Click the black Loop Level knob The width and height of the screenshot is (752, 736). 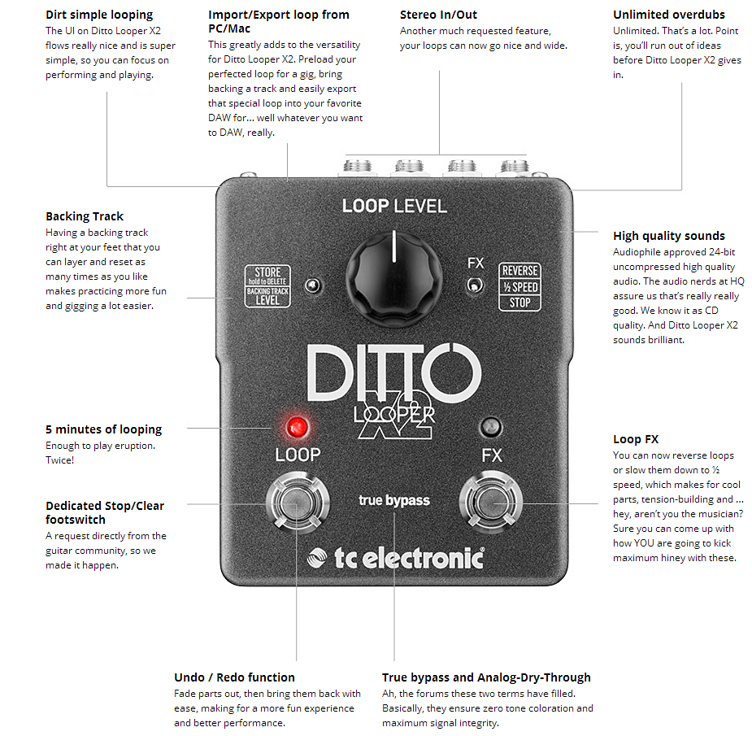coord(393,276)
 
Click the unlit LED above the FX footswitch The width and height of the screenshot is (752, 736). coord(490,426)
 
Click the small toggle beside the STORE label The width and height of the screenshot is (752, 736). coord(310,285)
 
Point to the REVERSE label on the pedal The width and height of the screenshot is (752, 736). coord(519,271)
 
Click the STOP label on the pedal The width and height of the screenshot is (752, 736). coord(519,303)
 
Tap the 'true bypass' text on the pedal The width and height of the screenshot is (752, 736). coord(393,500)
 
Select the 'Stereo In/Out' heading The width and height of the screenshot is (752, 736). coord(438,15)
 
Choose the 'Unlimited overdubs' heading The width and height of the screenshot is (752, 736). coord(668,15)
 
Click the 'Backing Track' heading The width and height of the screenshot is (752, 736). coord(85,216)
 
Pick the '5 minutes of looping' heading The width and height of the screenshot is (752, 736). coord(103,429)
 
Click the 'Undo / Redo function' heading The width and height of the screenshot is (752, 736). coord(234,677)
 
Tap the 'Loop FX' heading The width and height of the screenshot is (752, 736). coord(636,439)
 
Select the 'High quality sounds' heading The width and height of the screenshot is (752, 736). coord(668,236)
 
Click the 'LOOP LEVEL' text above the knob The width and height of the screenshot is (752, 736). coord(394,206)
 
